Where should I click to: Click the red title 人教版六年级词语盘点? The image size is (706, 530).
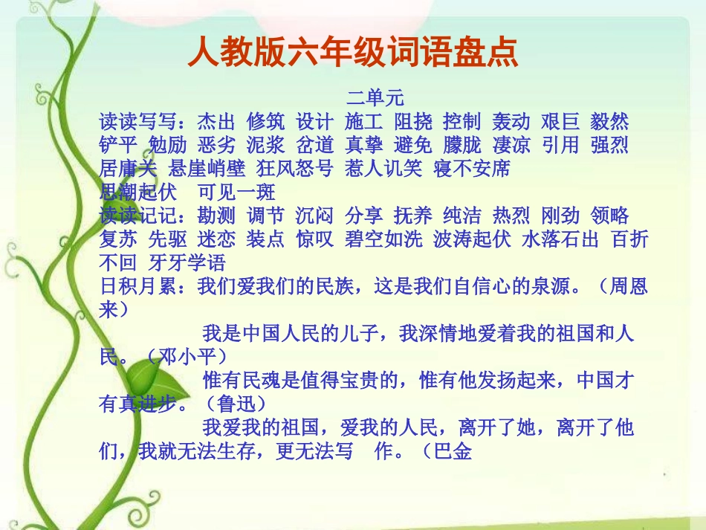352,53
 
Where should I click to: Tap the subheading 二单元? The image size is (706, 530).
374,97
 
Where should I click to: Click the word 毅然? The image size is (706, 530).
609,121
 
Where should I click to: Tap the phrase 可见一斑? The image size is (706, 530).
236,192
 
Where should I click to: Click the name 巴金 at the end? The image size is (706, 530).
453,452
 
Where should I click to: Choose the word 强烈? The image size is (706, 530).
609,144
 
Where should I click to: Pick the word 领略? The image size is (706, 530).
609,216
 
